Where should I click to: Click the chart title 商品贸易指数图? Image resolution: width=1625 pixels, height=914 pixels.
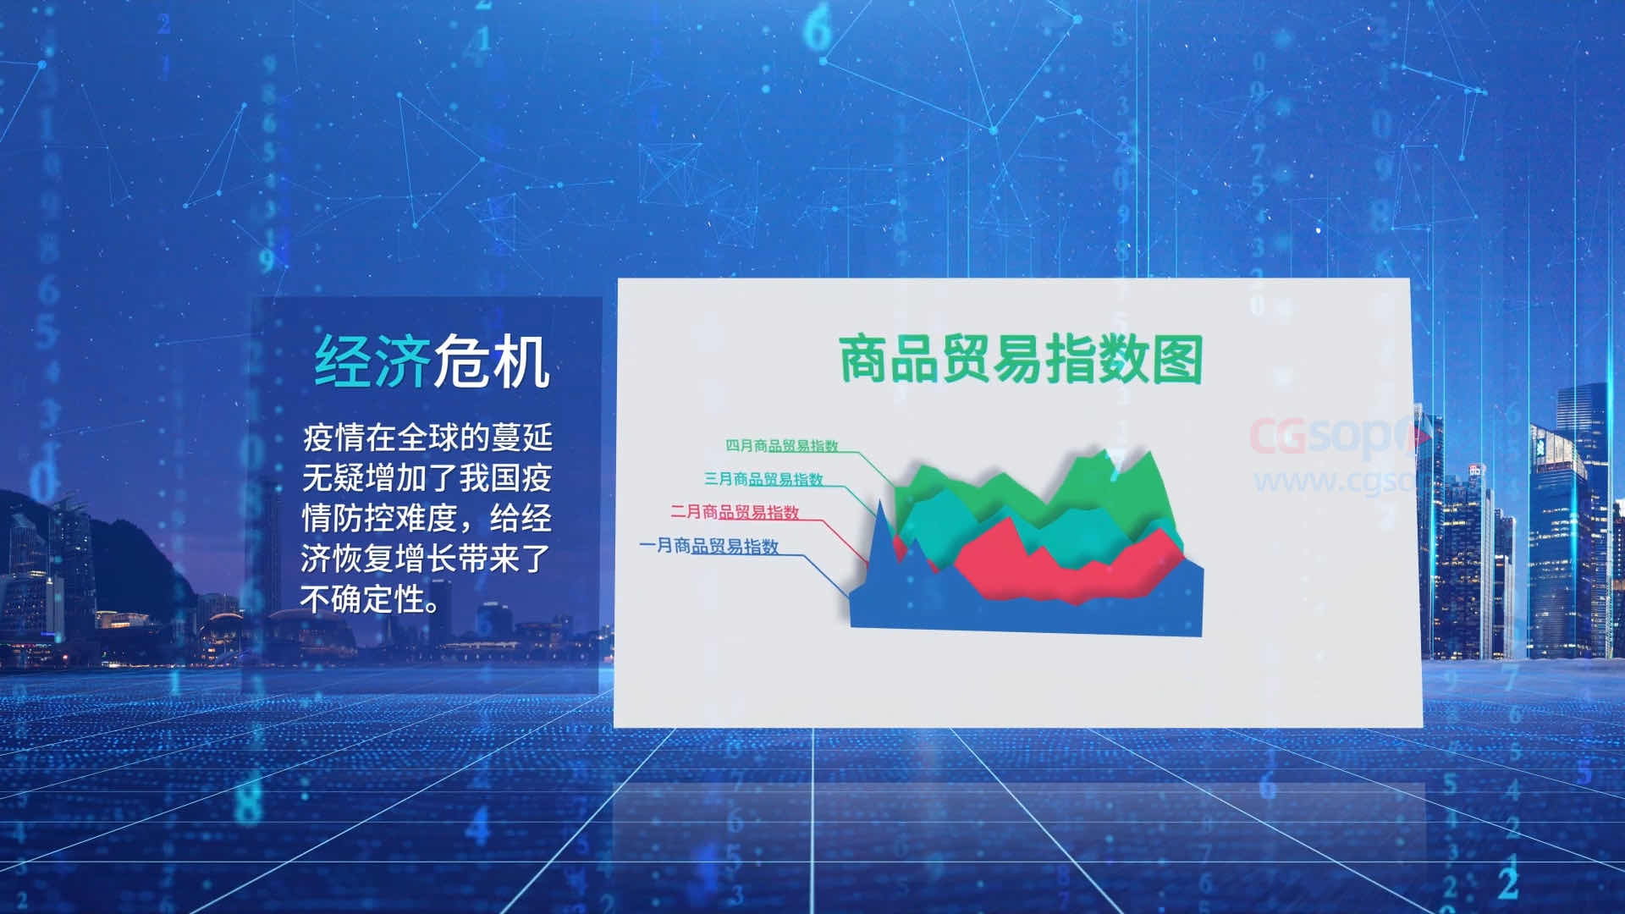(x=1020, y=359)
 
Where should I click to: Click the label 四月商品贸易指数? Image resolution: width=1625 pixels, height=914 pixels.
(x=781, y=445)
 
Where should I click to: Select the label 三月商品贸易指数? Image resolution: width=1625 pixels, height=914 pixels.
(x=763, y=479)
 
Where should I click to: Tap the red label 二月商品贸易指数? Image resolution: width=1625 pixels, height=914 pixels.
(x=735, y=512)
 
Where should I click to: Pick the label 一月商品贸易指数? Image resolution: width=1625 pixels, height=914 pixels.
(x=708, y=546)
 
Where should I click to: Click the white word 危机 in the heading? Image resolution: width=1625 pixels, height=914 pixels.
(x=492, y=361)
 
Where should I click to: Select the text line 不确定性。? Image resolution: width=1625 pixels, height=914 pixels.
(x=371, y=599)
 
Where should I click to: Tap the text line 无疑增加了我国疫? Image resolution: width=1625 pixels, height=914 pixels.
(x=427, y=478)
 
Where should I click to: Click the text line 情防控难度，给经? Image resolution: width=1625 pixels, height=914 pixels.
(x=427, y=518)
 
